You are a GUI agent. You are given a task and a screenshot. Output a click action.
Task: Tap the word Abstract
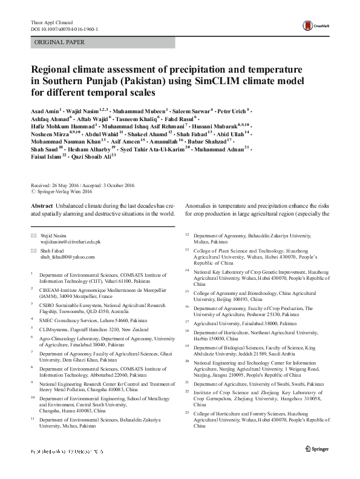click(x=42, y=205)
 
